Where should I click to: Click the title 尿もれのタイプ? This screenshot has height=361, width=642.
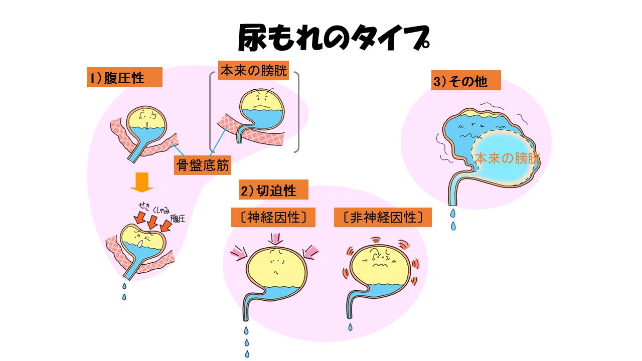[x=333, y=39]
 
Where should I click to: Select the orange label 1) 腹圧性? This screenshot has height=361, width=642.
[x=124, y=78]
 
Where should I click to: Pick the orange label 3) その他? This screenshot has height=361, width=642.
[x=466, y=81]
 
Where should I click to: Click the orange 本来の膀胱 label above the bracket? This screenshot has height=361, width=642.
[x=254, y=71]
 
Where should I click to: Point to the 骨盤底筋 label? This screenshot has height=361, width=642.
[x=203, y=164]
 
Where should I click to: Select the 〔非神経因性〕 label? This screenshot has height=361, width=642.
[x=383, y=218]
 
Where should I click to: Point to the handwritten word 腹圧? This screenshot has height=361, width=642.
[x=178, y=218]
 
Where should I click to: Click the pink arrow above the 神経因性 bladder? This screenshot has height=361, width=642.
[x=275, y=237]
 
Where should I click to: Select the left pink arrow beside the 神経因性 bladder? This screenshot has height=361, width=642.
[x=238, y=252]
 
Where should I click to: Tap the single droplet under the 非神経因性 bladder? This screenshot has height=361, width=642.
[x=351, y=327]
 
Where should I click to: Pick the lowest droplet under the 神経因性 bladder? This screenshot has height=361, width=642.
[x=247, y=354]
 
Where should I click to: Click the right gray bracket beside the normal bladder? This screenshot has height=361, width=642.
[x=297, y=112]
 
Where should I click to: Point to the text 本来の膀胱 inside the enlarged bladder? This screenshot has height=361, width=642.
[x=507, y=159]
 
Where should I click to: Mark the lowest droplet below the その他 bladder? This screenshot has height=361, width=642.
[x=453, y=226]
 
